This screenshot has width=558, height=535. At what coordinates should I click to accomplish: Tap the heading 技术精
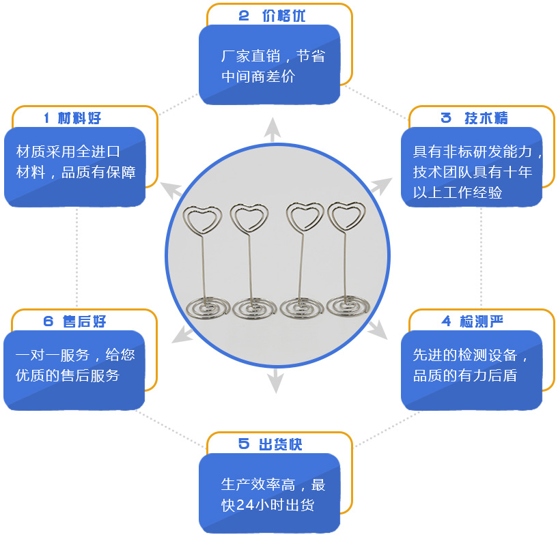point(486,118)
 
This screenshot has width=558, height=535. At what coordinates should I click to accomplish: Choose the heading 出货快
point(280,444)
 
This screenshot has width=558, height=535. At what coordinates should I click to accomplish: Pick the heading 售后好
point(84,321)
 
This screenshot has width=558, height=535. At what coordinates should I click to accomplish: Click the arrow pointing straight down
point(275,381)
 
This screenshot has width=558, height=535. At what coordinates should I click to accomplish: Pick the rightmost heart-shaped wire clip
point(347,216)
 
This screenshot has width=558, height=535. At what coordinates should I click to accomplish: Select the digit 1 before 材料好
point(46,118)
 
